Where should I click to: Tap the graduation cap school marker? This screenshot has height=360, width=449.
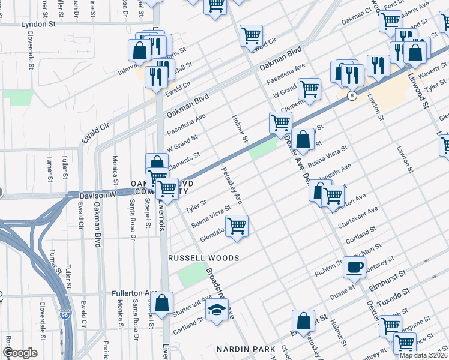pos(217,310)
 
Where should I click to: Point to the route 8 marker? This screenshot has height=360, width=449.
pos(352,95)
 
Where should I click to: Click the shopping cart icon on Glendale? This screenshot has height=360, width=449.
pos(237,226)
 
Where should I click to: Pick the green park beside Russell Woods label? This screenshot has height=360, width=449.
pos(191,275)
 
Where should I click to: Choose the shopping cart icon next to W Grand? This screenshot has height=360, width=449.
pos(310,89)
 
